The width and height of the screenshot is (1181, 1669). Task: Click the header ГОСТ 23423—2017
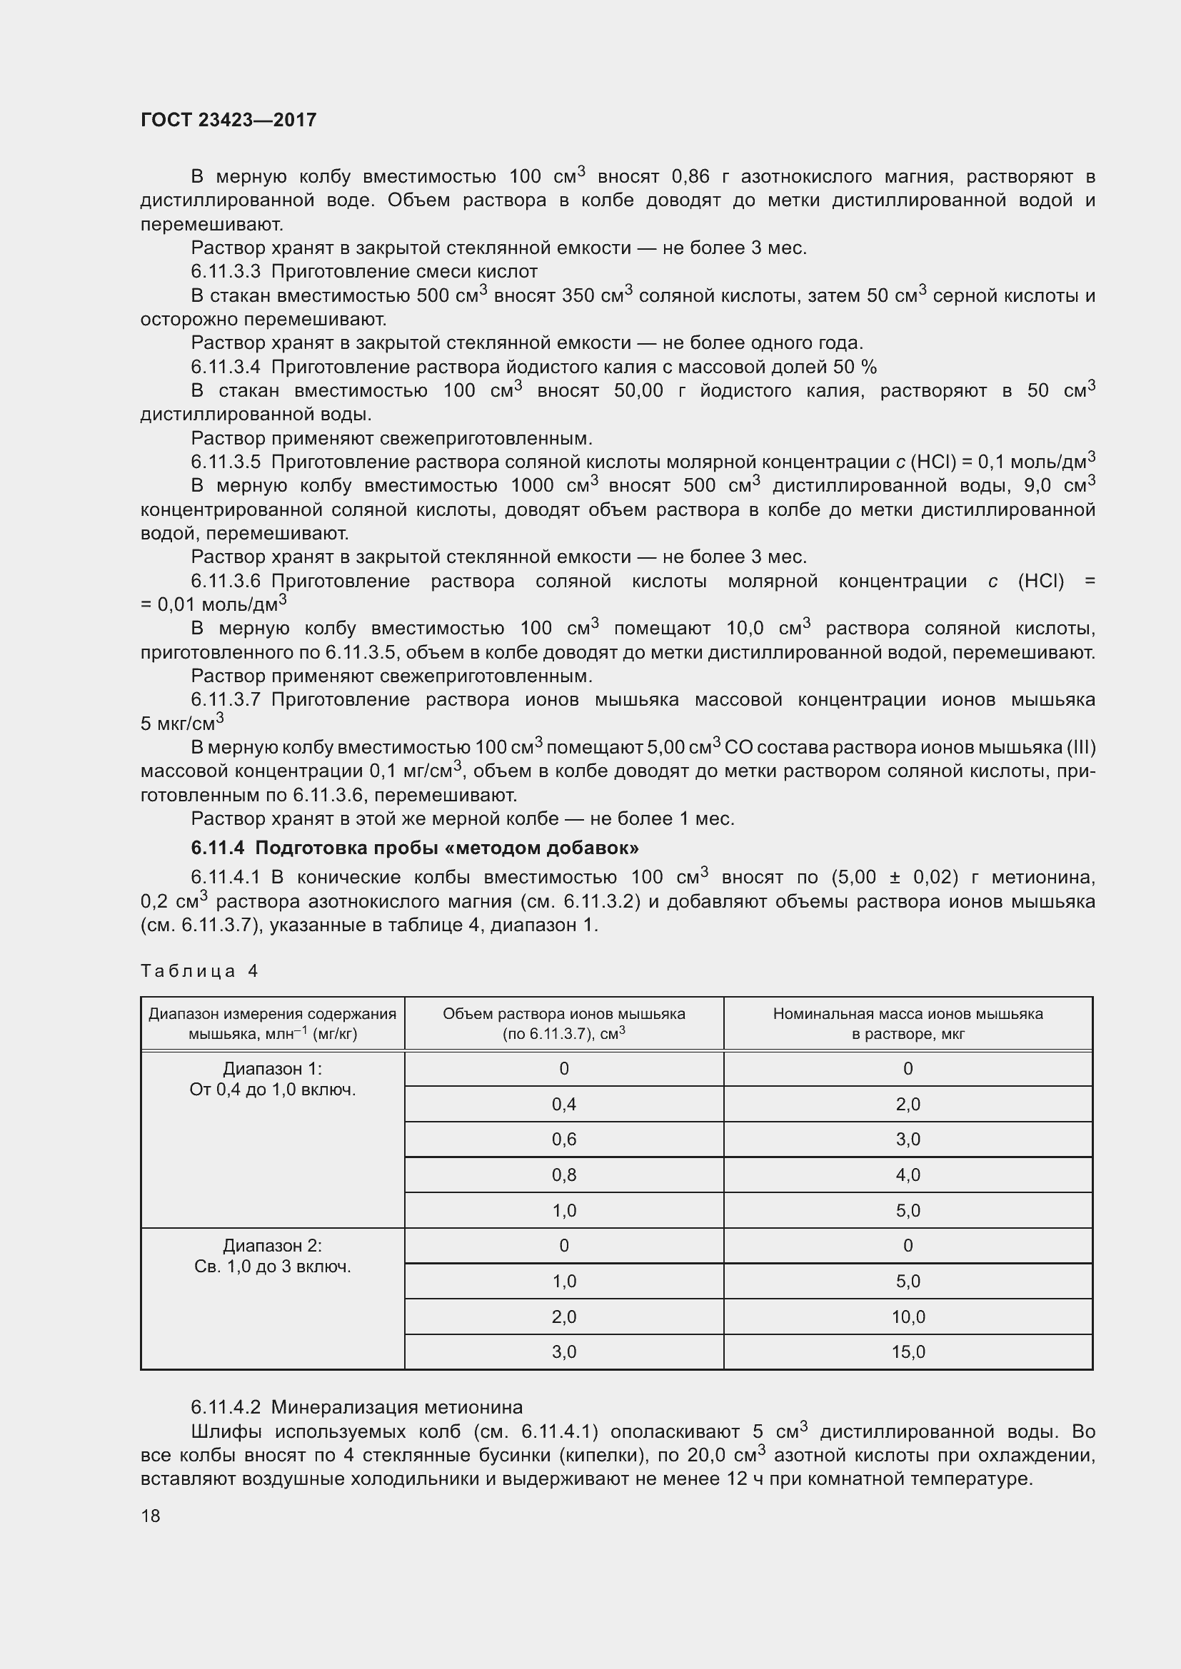pos(228,120)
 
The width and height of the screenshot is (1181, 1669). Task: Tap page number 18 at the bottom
pos(151,1516)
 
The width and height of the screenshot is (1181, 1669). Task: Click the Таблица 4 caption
pos(199,971)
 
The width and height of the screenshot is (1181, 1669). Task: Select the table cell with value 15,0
pos(908,1351)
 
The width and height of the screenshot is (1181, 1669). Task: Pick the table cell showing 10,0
pos(908,1317)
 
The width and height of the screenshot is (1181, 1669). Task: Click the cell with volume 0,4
pos(563,1104)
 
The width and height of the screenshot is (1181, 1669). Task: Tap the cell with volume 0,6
pos(563,1139)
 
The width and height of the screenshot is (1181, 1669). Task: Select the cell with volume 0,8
pos(563,1175)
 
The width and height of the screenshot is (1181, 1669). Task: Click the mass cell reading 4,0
pos(908,1175)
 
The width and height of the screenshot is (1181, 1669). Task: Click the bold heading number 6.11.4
pos(218,848)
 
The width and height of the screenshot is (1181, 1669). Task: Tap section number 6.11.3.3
pos(226,272)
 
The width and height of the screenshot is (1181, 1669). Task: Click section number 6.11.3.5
pos(226,462)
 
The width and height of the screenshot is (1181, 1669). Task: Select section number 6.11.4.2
pos(226,1406)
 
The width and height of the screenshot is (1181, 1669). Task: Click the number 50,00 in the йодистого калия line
pos(638,391)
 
